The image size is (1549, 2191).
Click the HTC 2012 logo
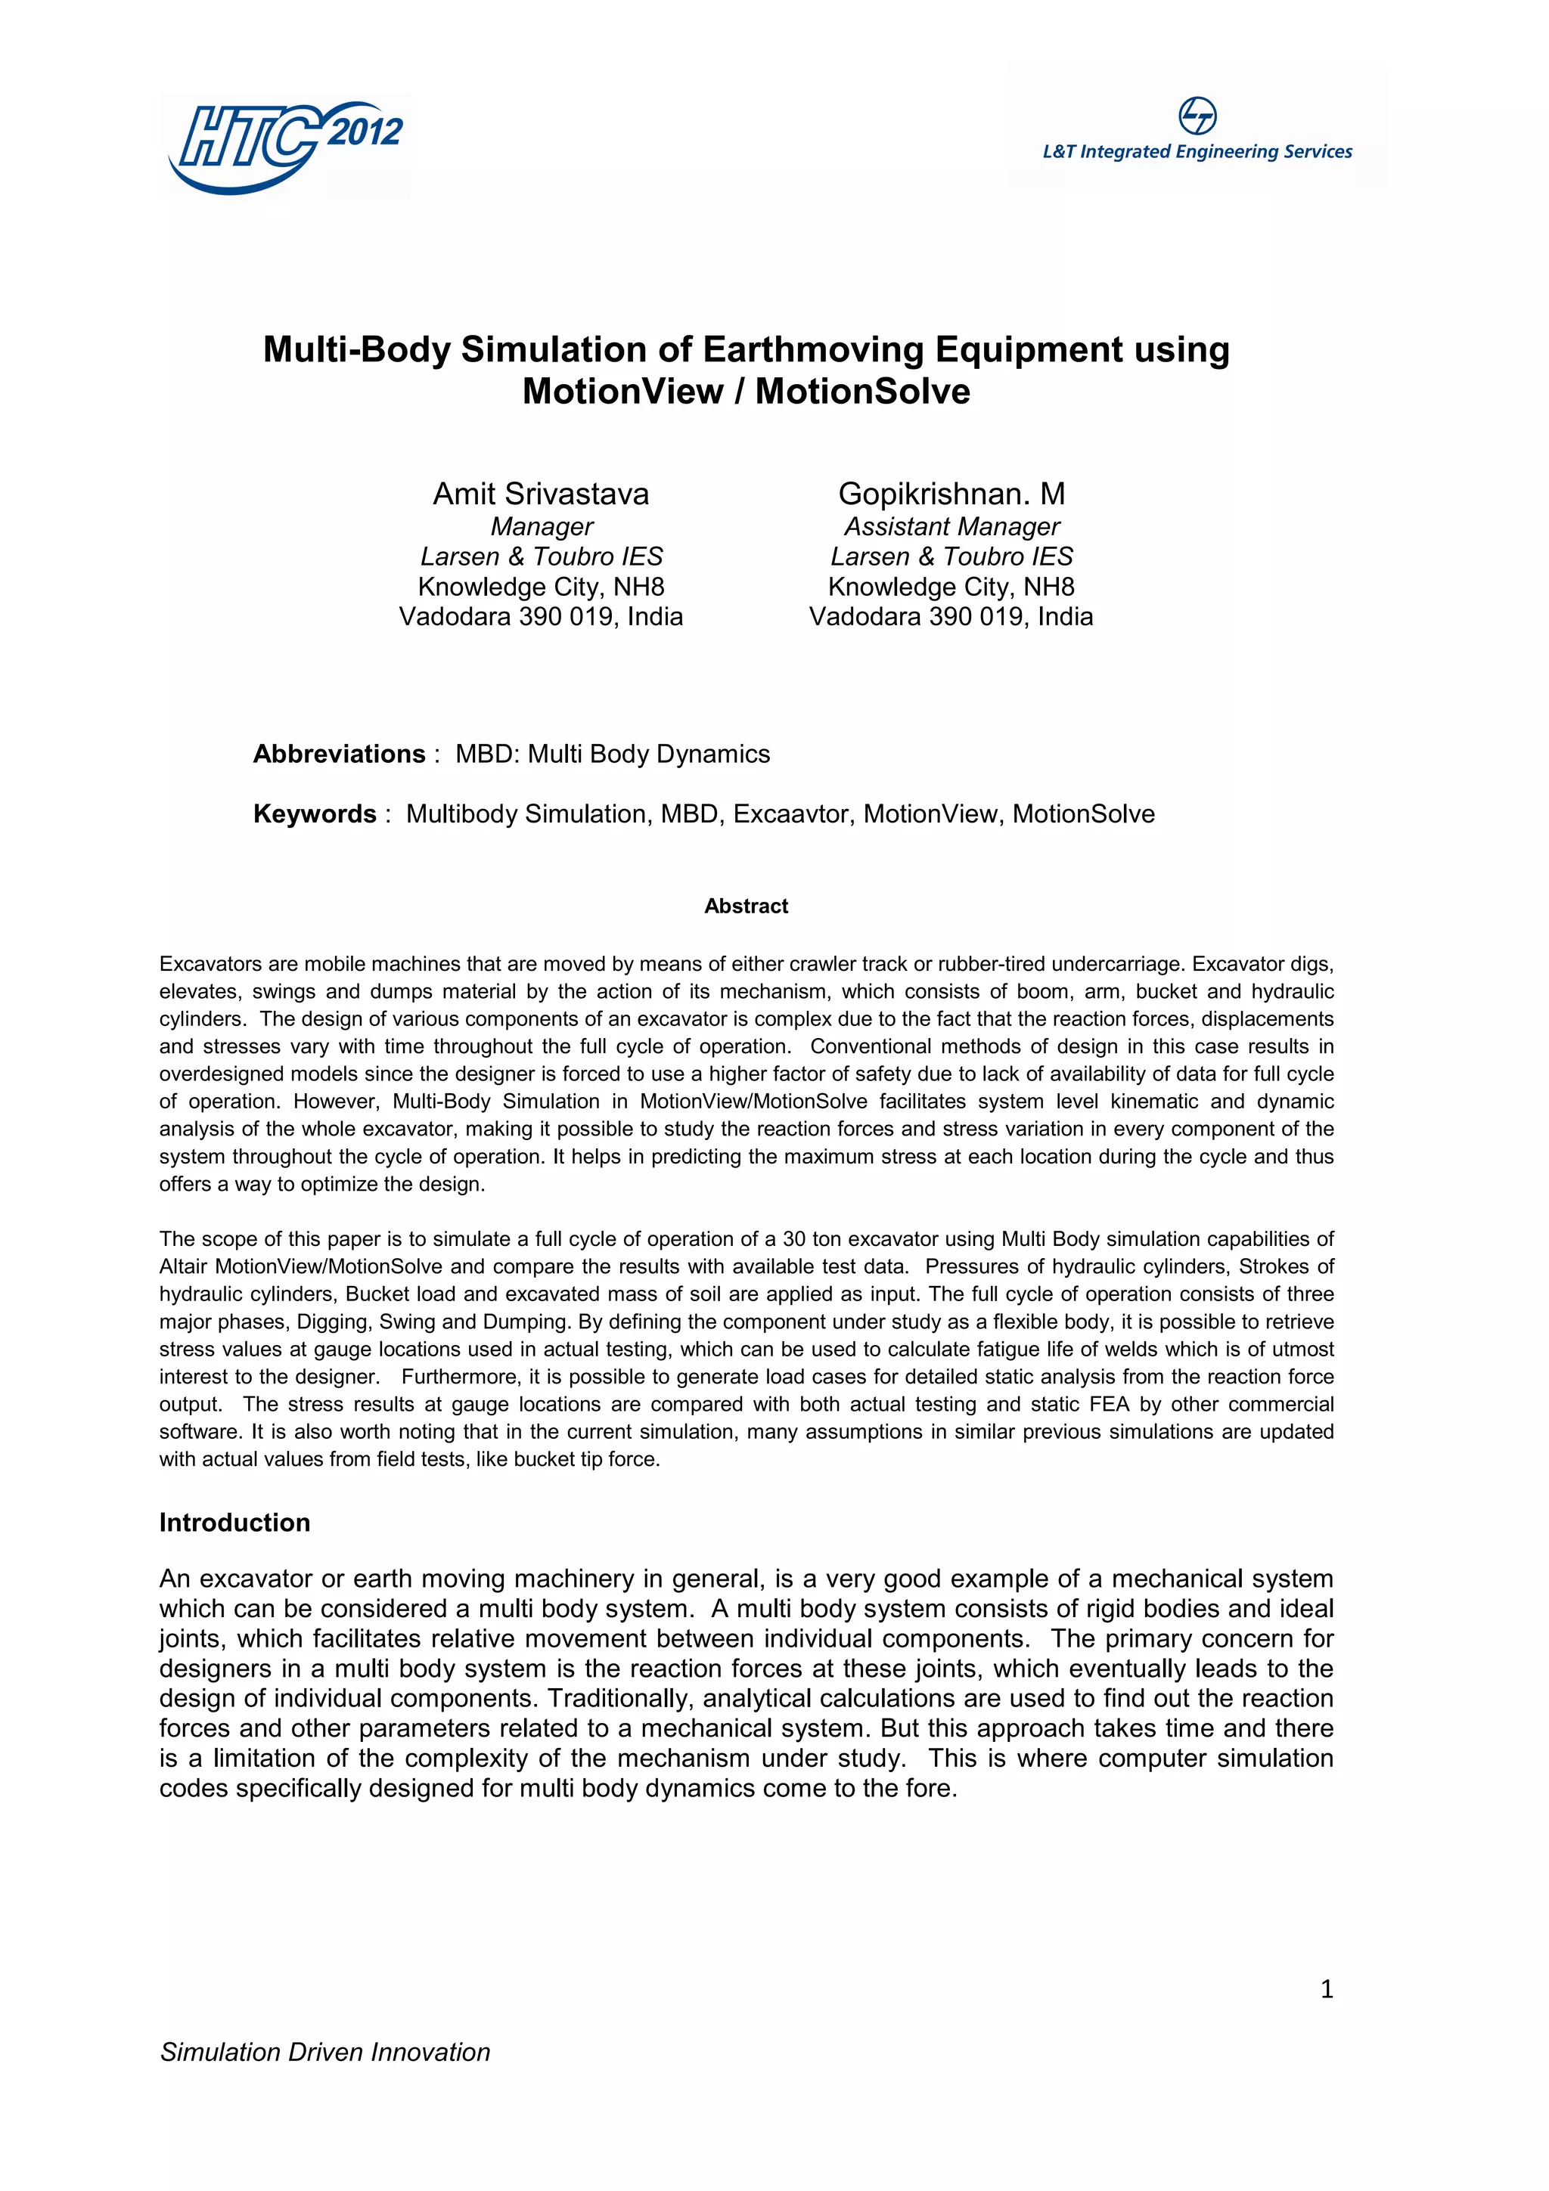pos(284,146)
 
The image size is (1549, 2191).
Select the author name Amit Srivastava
pos(540,494)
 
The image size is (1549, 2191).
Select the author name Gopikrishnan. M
pos(951,494)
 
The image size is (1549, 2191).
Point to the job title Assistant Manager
pos(951,527)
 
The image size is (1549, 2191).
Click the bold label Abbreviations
pos(339,754)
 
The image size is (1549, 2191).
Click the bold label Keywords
pos(315,814)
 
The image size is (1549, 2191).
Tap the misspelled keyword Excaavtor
pos(794,814)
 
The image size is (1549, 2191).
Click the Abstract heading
pos(746,906)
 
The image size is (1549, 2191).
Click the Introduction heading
pos(234,1522)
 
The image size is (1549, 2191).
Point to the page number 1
pos(1326,1988)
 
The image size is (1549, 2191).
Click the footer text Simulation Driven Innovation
pos(324,2052)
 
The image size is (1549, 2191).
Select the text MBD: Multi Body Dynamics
pos(612,754)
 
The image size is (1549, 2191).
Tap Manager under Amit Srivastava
pos(541,527)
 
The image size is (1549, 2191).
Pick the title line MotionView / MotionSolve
pos(746,392)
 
